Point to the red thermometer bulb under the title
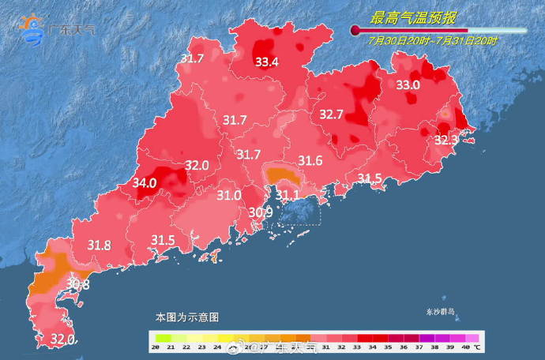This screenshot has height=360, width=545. point(355,31)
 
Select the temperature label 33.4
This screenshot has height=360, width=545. point(266,62)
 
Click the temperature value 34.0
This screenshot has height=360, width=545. point(145,182)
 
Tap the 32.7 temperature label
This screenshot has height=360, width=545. point(331,114)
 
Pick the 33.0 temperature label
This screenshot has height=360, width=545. point(408,84)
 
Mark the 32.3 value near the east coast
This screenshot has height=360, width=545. point(446,140)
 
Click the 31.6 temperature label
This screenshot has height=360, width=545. point(310,161)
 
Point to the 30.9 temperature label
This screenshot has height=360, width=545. point(261,212)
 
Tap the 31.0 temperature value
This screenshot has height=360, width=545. point(229,195)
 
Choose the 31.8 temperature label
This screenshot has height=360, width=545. point(99,245)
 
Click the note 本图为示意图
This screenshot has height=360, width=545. point(186,317)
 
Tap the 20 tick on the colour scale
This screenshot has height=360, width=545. point(156,347)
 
